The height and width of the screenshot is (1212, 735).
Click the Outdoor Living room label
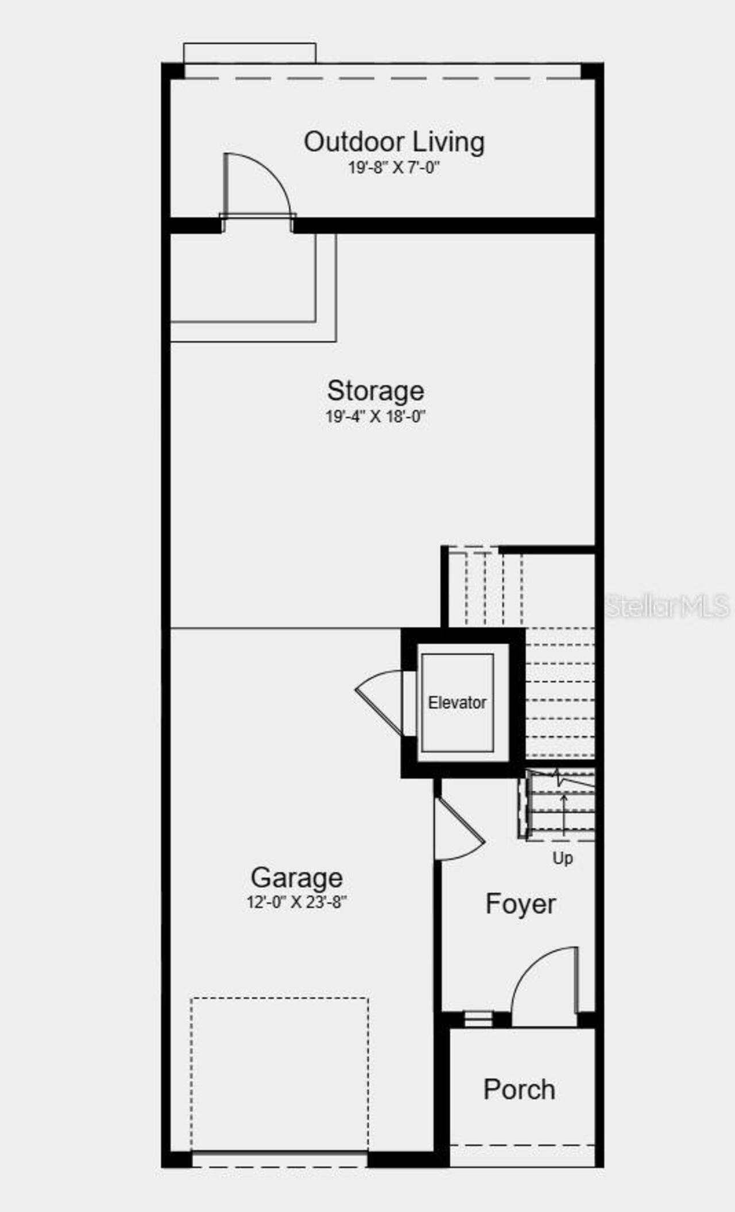394,142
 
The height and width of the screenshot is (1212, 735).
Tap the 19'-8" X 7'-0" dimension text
394,168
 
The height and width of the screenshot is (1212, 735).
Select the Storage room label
376,391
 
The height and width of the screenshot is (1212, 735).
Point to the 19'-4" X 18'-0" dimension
376,417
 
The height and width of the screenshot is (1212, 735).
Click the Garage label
297,878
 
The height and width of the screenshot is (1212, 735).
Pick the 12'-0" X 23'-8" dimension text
297,902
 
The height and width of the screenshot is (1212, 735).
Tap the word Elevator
457,702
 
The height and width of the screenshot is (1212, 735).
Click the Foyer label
520,904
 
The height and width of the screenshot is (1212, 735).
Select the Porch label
519,1089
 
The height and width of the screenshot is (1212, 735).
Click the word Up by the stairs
563,858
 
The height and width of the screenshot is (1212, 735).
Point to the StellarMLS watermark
667,606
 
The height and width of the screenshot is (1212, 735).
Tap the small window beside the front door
478,1019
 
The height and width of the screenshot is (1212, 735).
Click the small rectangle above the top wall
249,53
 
